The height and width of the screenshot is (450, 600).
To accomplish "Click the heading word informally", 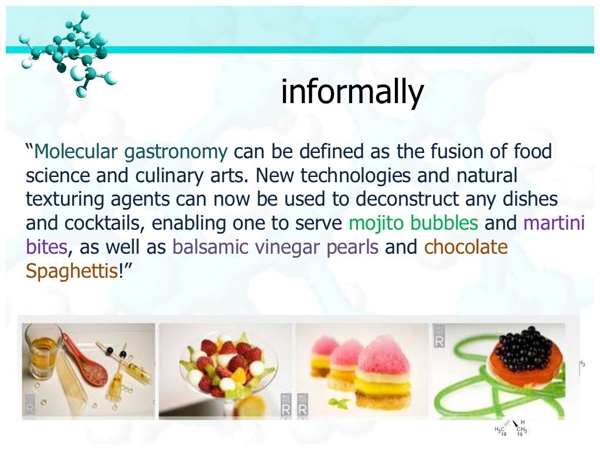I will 352,92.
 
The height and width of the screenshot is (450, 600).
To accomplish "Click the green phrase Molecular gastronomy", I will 131,152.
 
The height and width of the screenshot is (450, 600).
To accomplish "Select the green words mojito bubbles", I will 413,223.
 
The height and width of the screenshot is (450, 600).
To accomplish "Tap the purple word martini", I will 554,223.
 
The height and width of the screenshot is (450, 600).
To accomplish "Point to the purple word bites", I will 46,247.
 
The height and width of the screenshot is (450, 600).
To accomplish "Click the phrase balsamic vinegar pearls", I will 275,247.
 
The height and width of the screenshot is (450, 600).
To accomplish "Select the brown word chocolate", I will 466,247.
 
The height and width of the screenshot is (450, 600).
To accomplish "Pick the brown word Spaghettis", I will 71,271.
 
